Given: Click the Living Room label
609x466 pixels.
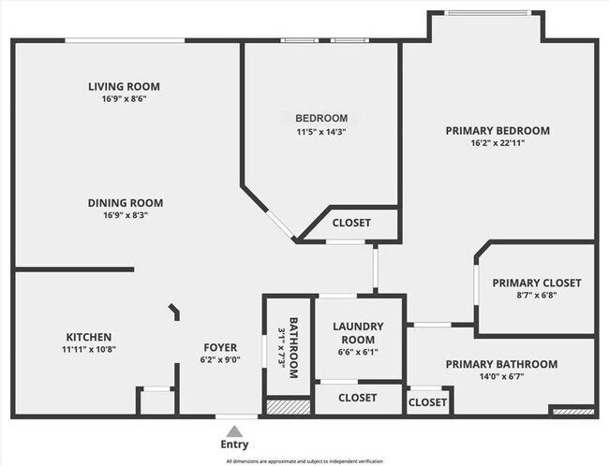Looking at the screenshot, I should click(118, 86).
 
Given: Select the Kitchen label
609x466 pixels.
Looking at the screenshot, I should click(89, 337).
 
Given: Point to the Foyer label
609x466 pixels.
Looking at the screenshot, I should click(219, 347).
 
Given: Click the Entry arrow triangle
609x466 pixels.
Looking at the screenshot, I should click(234, 430).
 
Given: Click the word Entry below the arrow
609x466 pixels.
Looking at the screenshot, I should click(234, 444).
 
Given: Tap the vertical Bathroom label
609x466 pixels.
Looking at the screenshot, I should click(293, 347).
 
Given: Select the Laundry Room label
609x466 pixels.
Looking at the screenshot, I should click(357, 332).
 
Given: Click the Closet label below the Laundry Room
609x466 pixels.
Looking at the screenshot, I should click(357, 398).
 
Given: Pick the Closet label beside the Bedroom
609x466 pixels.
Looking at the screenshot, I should click(351, 223).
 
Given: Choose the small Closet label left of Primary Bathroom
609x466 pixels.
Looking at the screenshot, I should click(427, 402).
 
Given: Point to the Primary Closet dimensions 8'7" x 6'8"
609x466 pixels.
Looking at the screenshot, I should click(537, 296).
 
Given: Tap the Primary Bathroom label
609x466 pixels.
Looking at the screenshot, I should click(501, 364).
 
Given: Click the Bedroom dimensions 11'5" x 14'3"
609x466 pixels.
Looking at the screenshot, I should click(321, 132).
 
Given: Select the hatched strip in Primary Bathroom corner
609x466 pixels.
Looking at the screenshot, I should click(572, 410).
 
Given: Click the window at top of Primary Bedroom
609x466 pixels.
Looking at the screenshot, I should click(485, 12).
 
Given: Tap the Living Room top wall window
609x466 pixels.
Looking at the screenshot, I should click(124, 39).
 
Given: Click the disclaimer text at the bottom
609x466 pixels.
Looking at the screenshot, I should click(304, 461).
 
